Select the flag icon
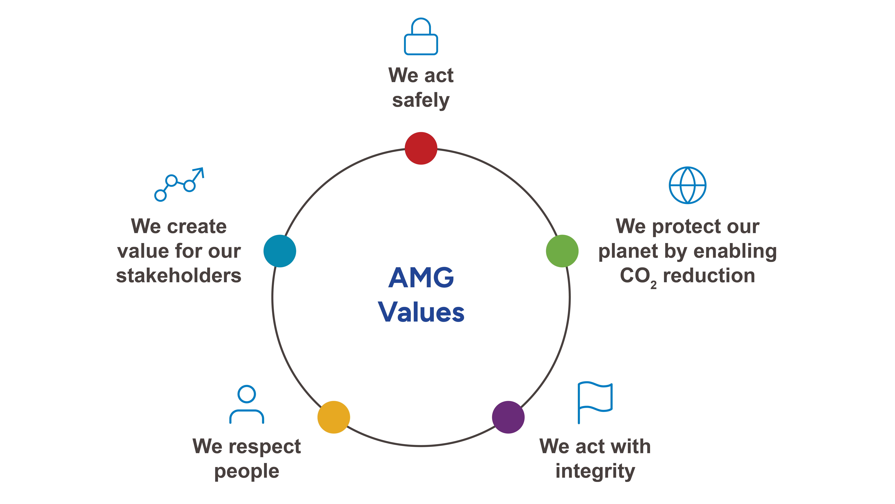pyautogui.click(x=595, y=402)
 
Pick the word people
pyautogui.click(x=247, y=472)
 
